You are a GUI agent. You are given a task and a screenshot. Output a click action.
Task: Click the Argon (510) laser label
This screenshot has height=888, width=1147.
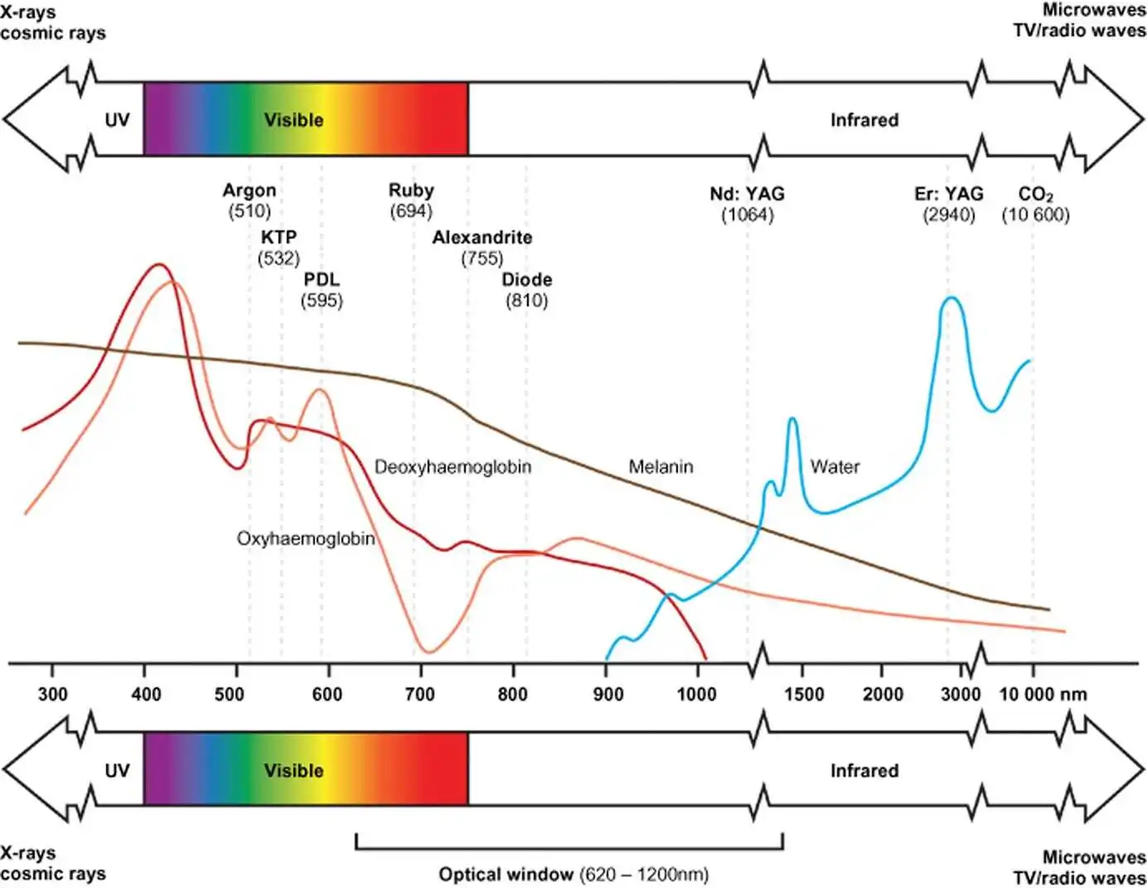pyautogui.click(x=249, y=200)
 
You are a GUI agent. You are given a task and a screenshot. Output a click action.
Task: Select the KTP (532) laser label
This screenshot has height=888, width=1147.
pyautogui.click(x=278, y=248)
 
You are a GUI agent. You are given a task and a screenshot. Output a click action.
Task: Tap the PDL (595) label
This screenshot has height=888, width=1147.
pyautogui.click(x=322, y=290)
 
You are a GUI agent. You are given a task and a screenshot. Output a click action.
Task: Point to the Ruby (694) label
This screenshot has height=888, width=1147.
pyautogui.click(x=411, y=200)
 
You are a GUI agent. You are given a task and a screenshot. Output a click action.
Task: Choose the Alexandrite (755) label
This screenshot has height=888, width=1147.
pyautogui.click(x=482, y=248)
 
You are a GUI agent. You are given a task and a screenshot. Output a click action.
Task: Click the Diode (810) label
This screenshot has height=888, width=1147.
pyautogui.click(x=527, y=290)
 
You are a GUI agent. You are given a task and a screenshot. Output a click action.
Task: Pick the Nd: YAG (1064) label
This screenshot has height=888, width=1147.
pyautogui.click(x=747, y=204)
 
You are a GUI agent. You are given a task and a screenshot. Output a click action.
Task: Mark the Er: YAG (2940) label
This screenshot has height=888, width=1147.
pyautogui.click(x=949, y=204)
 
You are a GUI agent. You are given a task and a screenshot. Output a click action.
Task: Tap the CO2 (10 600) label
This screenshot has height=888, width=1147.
pyautogui.click(x=1035, y=204)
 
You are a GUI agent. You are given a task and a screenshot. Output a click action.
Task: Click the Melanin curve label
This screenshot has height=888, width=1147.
pyautogui.click(x=661, y=467)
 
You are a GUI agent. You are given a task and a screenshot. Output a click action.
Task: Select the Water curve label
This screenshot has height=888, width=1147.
pyautogui.click(x=835, y=467)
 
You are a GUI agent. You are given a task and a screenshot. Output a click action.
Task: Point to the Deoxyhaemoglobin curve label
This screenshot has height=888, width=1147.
pyautogui.click(x=453, y=467)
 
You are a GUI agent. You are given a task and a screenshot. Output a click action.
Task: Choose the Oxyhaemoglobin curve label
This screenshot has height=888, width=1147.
pyautogui.click(x=306, y=539)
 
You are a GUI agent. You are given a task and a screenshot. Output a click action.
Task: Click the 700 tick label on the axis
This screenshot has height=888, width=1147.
pyautogui.click(x=419, y=694)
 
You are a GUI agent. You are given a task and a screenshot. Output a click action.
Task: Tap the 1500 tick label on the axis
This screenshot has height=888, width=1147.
pyautogui.click(x=804, y=694)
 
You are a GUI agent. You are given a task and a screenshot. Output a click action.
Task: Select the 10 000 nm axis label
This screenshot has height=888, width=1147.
pyautogui.click(x=1043, y=694)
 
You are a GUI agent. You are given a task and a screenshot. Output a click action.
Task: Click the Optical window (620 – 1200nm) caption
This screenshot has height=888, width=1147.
pyautogui.click(x=573, y=875)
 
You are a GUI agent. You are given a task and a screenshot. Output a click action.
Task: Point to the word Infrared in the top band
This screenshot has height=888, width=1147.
pyautogui.click(x=864, y=120)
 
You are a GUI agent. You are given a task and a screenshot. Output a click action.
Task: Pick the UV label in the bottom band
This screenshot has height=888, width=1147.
pyautogui.click(x=117, y=770)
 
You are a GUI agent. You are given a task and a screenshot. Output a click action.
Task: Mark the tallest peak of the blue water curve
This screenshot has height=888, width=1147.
pyautogui.click(x=951, y=297)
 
